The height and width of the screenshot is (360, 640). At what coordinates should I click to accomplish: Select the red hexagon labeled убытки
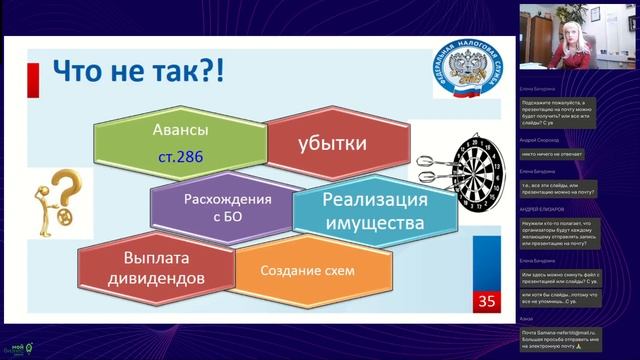331,144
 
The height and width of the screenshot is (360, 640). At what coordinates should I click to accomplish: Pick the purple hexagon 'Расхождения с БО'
228,206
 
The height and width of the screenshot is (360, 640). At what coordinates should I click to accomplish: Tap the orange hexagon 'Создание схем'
307,270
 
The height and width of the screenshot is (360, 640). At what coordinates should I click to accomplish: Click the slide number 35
486,300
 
